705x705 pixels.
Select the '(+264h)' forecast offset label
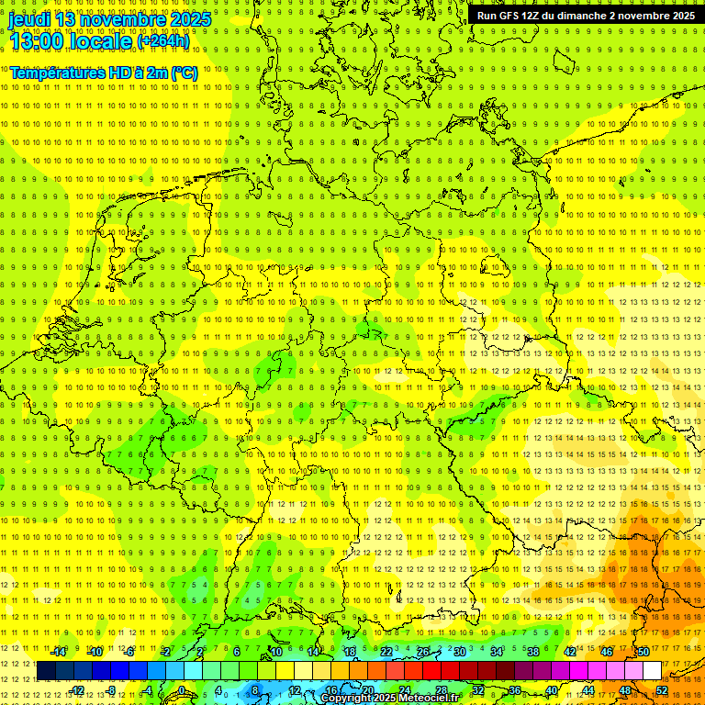coord(163,41)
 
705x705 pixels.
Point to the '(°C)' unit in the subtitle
coord(184,73)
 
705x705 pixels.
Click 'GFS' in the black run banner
coord(515,16)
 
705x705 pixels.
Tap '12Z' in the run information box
coord(543,16)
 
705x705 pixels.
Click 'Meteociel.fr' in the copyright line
coord(435,699)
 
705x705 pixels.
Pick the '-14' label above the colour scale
coord(59,652)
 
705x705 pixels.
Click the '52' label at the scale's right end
coord(662,689)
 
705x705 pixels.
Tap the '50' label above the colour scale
coord(643,652)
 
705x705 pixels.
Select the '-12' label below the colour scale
coord(77,689)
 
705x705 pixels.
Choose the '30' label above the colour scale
coord(460,652)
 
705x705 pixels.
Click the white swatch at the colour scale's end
coord(652,671)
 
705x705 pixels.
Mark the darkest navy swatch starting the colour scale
coord(46,671)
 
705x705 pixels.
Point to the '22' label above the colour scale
coord(386,652)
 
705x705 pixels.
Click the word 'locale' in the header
coord(103,41)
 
